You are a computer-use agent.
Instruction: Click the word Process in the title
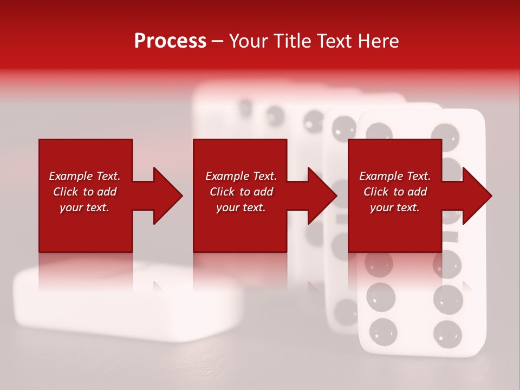(170, 41)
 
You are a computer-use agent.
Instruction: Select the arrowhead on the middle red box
(322, 196)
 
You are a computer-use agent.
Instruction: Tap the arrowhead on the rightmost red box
(476, 196)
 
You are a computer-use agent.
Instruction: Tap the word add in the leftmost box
(107, 192)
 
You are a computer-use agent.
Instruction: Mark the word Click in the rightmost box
(376, 192)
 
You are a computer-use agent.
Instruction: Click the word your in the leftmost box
(71, 207)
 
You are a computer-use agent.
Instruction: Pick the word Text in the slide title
(334, 41)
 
